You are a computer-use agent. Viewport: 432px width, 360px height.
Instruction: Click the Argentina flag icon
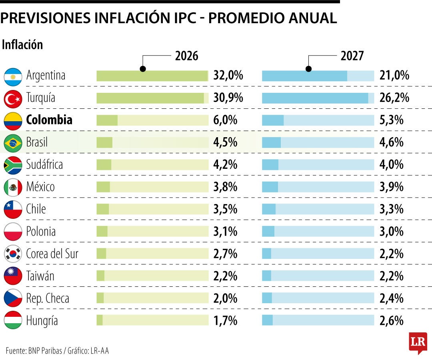click(x=13, y=77)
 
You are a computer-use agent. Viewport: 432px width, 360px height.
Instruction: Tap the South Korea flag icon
click(x=13, y=254)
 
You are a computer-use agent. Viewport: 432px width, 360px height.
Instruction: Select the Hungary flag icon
click(x=13, y=320)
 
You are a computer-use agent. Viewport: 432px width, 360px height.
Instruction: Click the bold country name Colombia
click(x=49, y=120)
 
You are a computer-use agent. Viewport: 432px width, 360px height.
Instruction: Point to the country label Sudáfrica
click(x=44, y=164)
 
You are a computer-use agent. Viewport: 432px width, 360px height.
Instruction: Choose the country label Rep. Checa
click(x=48, y=298)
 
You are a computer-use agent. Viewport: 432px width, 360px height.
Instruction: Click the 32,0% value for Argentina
click(x=228, y=75)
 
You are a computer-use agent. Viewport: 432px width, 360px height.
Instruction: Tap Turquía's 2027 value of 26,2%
click(x=394, y=98)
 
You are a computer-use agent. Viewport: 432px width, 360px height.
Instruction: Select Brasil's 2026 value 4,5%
click(x=225, y=142)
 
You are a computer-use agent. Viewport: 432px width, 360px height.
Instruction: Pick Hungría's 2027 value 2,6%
click(x=392, y=321)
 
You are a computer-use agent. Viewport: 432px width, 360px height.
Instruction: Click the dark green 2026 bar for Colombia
click(x=107, y=120)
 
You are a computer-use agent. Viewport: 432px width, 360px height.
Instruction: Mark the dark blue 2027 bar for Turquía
click(x=315, y=98)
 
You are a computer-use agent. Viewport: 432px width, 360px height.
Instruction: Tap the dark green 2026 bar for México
click(x=103, y=187)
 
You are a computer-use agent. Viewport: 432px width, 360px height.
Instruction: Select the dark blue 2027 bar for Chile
click(x=269, y=209)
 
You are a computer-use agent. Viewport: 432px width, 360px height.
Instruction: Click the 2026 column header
click(x=186, y=56)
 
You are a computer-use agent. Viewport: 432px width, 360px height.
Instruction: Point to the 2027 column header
click(x=352, y=56)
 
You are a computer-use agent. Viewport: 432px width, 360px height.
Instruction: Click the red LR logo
click(x=418, y=343)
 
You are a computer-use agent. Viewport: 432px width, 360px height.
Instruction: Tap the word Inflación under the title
click(x=22, y=45)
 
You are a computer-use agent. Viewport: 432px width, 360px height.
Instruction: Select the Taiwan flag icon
click(x=13, y=276)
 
